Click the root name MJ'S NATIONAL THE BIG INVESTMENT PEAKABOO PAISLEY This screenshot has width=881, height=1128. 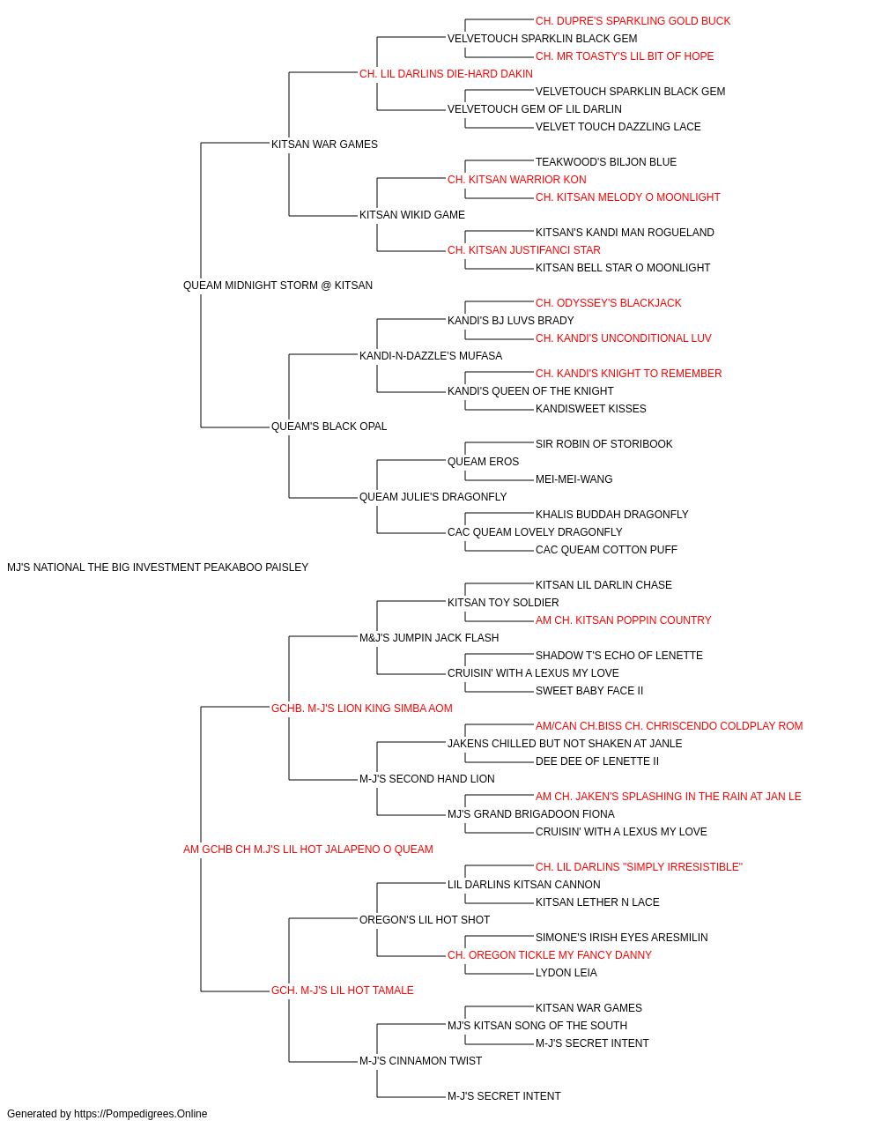[158, 568]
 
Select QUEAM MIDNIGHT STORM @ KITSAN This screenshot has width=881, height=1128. [278, 286]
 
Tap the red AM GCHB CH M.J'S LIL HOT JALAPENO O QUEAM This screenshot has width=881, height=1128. [308, 850]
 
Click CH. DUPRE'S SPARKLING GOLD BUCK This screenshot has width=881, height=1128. [633, 21]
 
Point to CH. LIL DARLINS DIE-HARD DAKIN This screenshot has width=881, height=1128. [446, 74]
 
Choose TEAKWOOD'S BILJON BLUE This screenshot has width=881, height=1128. [605, 162]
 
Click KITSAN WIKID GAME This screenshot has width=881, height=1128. [412, 215]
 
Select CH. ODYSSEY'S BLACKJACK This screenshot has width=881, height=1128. [608, 303]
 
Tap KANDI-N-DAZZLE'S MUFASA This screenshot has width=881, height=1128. [431, 356]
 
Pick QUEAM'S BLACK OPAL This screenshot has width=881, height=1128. [329, 427]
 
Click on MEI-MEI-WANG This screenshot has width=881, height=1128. [574, 479]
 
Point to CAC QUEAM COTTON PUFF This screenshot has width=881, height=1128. [606, 550]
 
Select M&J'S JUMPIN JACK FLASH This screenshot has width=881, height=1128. [429, 638]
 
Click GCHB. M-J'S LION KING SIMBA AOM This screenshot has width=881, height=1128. [361, 709]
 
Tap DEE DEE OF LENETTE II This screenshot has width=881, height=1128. [596, 761]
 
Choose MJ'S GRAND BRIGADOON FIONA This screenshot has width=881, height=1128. [530, 814]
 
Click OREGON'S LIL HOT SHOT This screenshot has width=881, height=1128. [425, 920]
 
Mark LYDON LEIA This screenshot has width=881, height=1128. [566, 973]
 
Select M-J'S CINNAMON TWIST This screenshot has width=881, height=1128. [420, 1061]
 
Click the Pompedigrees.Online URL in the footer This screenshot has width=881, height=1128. [141, 1114]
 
